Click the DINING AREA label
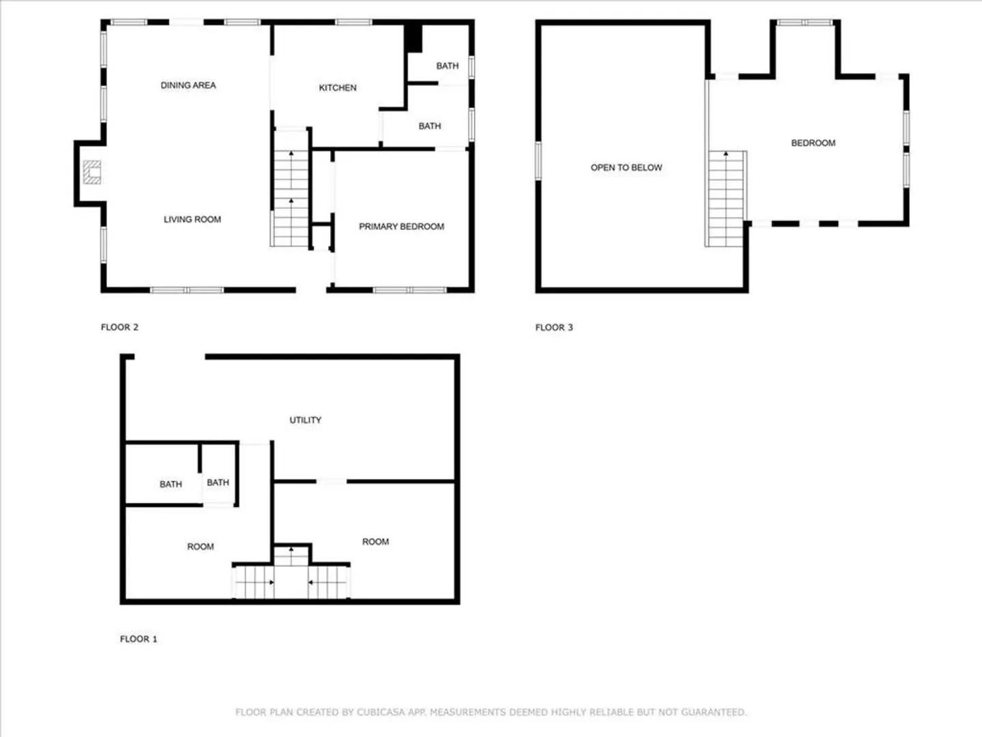tap(188, 85)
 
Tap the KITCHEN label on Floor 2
tap(338, 88)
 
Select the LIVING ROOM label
tap(192, 219)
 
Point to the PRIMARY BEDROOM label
tap(401, 227)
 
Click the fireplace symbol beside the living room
tap(92, 172)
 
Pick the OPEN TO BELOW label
tap(626, 167)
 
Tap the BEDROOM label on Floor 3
tap(813, 143)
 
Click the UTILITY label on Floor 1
tap(305, 420)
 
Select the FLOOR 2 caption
tap(119, 327)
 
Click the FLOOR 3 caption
tap(554, 327)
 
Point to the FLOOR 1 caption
tap(138, 639)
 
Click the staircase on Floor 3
tap(726, 199)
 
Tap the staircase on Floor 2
tap(291, 188)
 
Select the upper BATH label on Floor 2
tap(447, 66)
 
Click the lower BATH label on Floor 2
tap(430, 126)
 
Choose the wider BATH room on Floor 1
tap(162, 474)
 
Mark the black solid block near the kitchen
tap(413, 38)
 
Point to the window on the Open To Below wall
tap(538, 161)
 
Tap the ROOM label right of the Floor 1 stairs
tap(375, 541)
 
